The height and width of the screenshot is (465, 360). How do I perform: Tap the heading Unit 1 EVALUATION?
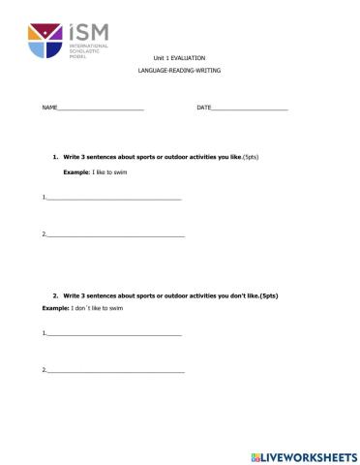coord(179,58)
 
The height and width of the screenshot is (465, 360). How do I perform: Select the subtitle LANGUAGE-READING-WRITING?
coord(179,74)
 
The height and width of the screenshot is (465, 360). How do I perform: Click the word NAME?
coord(49,106)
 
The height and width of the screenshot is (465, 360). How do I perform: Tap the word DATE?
coord(203,106)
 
